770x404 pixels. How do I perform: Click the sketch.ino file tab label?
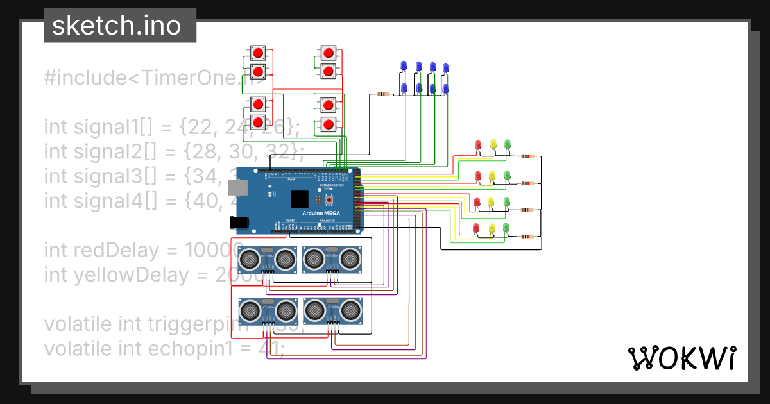coord(116,26)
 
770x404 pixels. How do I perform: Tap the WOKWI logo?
coord(681,358)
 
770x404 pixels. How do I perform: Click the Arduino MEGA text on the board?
coord(321,212)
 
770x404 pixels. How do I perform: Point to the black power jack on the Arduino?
coord(239,222)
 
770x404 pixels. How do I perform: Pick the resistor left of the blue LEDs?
coord(382,95)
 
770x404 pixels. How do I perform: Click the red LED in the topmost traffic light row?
coord(477,146)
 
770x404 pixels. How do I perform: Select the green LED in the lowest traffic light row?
coord(507,228)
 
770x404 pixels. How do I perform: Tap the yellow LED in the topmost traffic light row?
coord(492,146)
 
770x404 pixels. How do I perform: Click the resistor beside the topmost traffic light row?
coord(527,156)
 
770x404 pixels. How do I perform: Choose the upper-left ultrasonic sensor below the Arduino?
coord(268,258)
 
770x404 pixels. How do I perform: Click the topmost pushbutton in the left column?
coord(258,53)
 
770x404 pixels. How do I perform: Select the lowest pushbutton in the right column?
coord(328,123)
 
